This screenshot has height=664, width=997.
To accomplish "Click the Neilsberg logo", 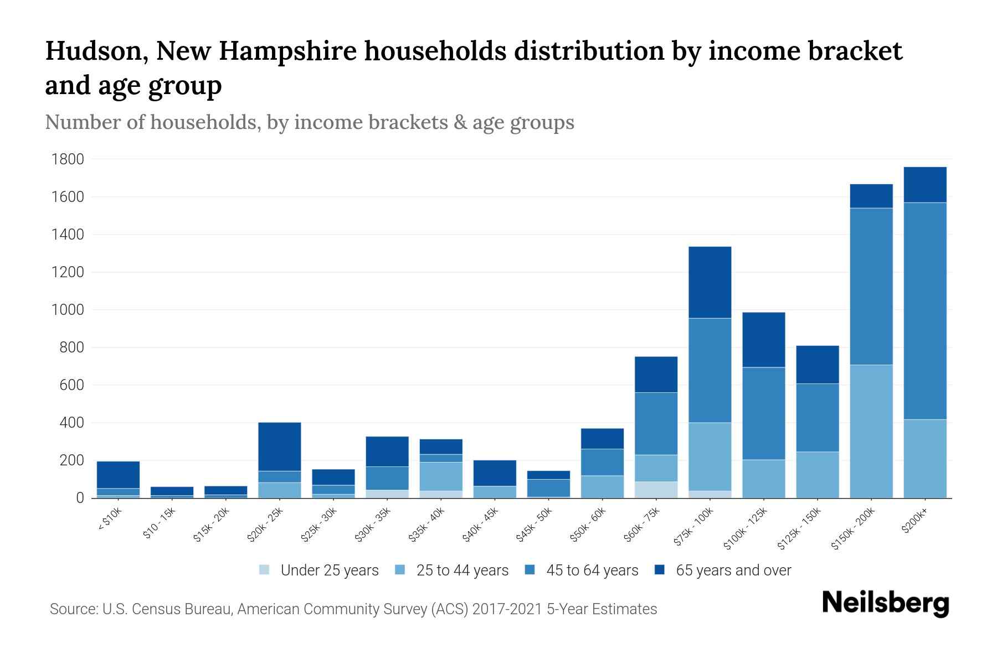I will [885, 604].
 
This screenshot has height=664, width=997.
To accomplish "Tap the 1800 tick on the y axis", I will [68, 160].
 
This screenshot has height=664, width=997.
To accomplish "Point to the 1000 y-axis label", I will [68, 310].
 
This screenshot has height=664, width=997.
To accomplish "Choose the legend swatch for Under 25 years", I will [265, 570].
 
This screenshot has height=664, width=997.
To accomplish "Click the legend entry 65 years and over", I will [733, 570].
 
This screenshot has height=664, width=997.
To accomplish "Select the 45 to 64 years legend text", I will [592, 570].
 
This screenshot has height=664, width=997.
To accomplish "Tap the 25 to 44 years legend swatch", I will [400, 570].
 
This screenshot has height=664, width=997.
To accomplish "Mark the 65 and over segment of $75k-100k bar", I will [710, 282].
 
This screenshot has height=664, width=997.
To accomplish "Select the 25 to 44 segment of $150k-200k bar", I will [871, 431].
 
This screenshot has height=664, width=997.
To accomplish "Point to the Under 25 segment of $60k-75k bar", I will [656, 490].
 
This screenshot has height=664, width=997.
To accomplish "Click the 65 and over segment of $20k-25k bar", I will [279, 447].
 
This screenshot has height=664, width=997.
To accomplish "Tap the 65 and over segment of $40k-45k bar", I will [495, 473].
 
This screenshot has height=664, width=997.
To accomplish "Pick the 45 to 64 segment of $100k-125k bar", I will [763, 413].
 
